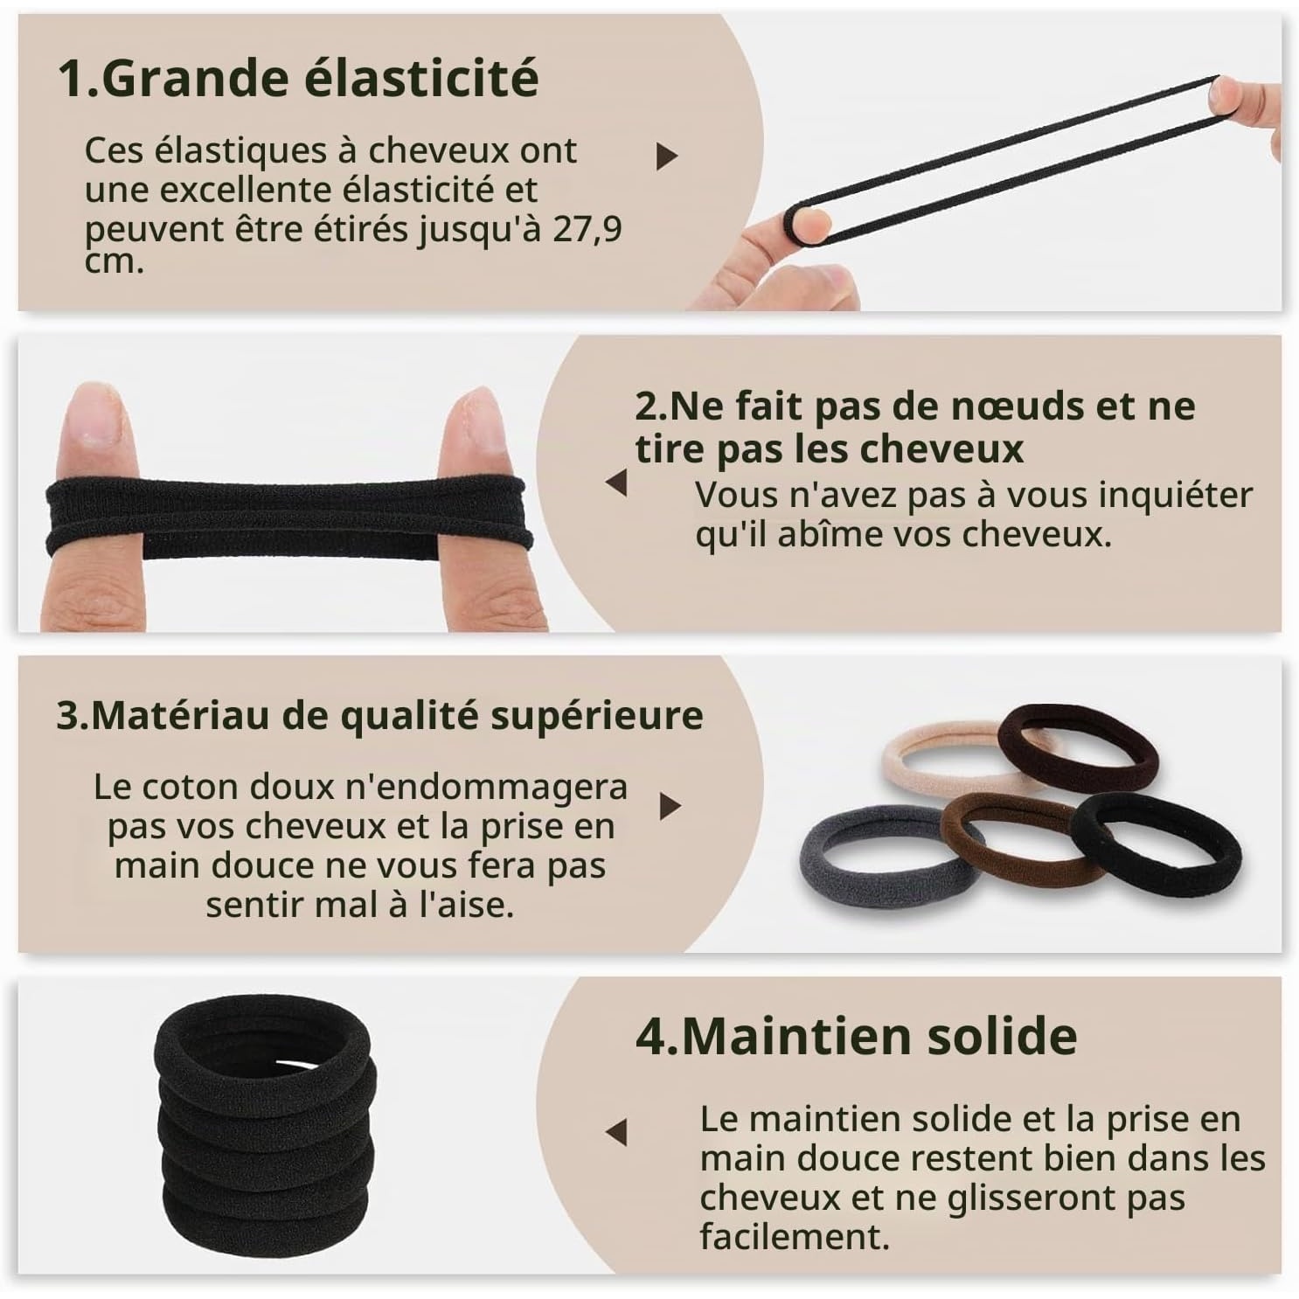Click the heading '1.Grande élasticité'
(x=297, y=79)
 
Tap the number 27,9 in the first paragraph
(x=587, y=230)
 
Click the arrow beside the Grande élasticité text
(x=667, y=156)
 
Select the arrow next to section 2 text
(x=616, y=483)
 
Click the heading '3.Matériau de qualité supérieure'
(x=379, y=716)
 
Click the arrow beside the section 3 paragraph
(x=670, y=805)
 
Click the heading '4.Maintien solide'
(x=856, y=1037)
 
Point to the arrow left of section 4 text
(x=616, y=1132)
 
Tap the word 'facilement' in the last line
(x=795, y=1237)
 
